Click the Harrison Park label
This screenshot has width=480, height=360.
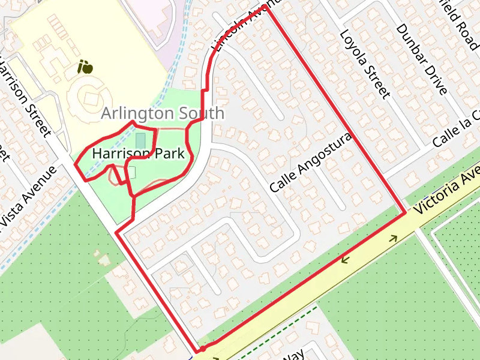click(x=138, y=154)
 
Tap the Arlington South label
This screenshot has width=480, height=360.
click(x=163, y=113)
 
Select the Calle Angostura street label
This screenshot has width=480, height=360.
click(x=310, y=163)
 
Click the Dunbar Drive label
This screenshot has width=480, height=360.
click(x=422, y=60)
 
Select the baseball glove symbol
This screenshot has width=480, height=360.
click(x=86, y=67)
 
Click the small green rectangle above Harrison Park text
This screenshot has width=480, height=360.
click(x=140, y=140)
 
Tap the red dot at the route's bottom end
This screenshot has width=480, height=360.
click(x=203, y=348)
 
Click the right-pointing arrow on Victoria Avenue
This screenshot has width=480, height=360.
click(x=394, y=238)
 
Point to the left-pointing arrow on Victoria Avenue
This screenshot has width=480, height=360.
click(x=346, y=259)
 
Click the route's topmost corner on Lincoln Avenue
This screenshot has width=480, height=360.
click(x=265, y=8)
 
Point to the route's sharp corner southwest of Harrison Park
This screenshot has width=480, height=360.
click(x=116, y=232)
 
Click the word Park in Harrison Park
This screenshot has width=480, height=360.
click(x=169, y=154)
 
